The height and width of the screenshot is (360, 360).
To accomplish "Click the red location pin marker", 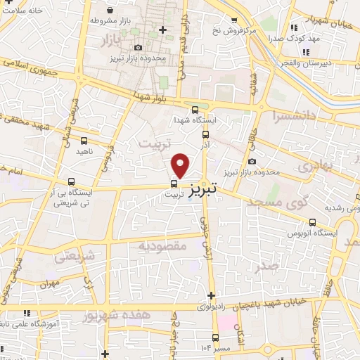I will coord(181,165).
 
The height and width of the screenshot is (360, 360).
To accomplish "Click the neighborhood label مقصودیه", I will coord(161,246).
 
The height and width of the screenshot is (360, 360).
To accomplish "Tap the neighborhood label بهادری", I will coord(313,167).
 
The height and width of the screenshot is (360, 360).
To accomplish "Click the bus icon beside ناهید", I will coord(84,141).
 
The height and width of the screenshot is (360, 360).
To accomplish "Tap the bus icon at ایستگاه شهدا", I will coord(195,109).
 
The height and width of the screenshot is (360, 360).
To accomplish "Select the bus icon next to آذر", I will coord(205,134).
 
